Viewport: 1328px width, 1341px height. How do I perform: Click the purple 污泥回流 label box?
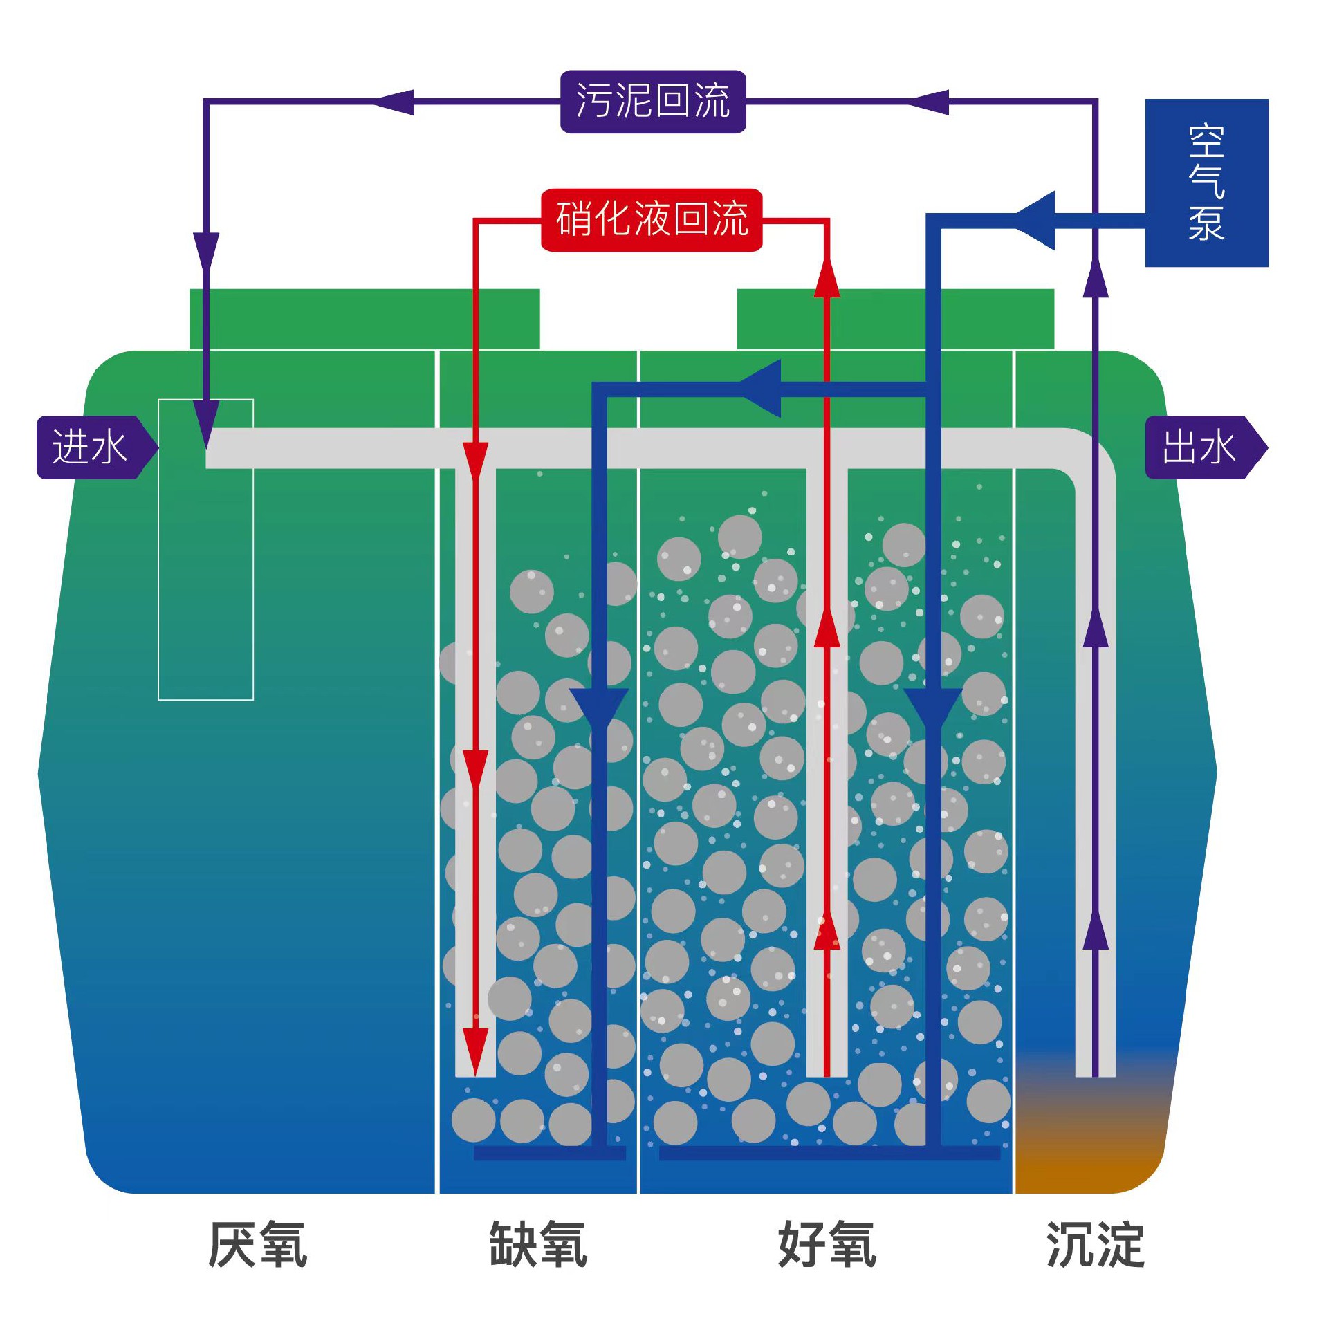tap(652, 102)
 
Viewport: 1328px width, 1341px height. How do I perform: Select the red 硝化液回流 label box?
tap(651, 219)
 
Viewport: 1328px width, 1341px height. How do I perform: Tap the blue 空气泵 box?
tap(1206, 183)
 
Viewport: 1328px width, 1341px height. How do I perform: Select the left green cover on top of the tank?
tap(365, 319)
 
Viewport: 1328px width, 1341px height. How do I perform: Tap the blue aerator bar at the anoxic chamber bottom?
tap(549, 1153)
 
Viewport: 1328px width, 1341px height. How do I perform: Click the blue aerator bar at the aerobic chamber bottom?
tap(829, 1153)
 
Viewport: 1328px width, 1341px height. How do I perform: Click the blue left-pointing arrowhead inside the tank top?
tap(760, 389)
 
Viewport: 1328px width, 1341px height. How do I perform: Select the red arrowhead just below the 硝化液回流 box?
tap(827, 277)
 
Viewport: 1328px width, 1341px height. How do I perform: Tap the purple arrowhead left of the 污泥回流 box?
tap(392, 102)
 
